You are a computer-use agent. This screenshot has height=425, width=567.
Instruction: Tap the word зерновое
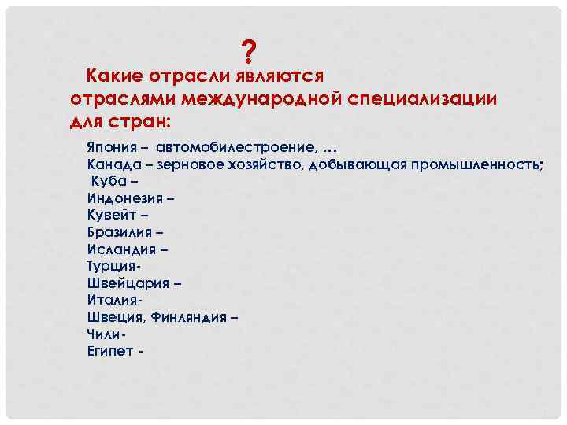(193, 164)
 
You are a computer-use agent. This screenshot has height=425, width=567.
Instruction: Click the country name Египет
(109, 351)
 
